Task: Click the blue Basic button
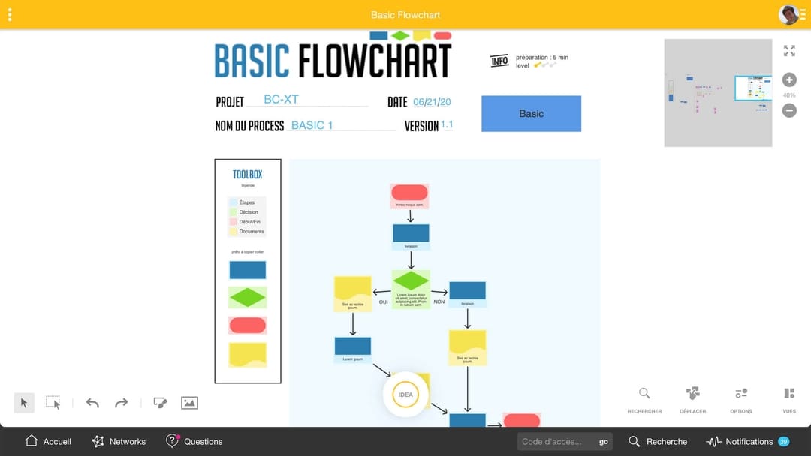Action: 531,114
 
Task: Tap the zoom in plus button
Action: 789,80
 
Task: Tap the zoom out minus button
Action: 789,110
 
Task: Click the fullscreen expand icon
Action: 789,51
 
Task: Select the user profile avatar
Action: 788,14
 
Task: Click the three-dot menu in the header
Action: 10,14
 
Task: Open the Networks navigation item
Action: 119,441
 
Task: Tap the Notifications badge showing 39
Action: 783,441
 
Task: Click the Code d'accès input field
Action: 556,441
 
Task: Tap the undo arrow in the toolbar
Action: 92,403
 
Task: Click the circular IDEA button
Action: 405,394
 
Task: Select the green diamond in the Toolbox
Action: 247,298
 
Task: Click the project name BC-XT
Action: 282,100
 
